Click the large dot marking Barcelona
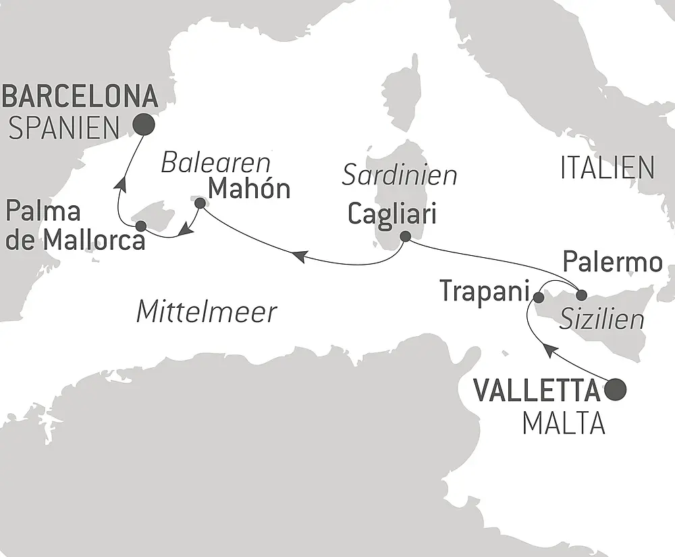coord(143,124)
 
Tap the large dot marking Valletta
coord(616,389)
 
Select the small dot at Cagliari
coord(404,237)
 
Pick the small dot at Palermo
coord(581,294)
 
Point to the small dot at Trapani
coord(539,297)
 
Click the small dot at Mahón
coord(199,202)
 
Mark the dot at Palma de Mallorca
coord(140,226)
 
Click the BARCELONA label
coord(80,97)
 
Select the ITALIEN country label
coord(607,168)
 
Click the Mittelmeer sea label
coord(207,312)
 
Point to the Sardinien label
coord(400,176)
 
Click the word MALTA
coord(563,424)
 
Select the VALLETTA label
coord(538,390)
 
